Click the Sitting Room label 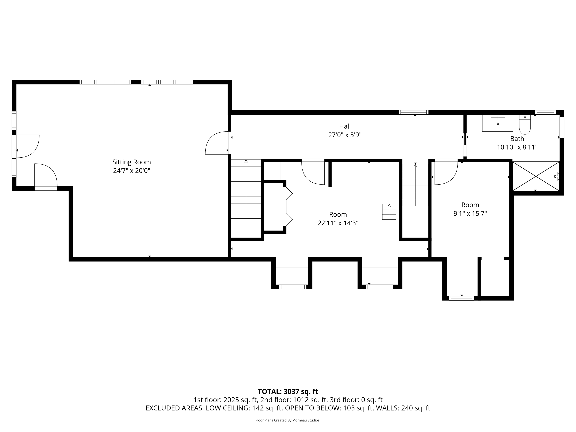click(x=132, y=162)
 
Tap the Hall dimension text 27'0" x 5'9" click(x=345, y=135)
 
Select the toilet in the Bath click(x=525, y=124)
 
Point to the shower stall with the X click(x=536, y=176)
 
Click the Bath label click(x=517, y=139)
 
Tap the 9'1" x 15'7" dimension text click(x=470, y=214)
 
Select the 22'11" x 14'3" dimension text click(x=338, y=223)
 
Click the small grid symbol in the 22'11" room click(x=389, y=212)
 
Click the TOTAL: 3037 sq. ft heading click(x=288, y=391)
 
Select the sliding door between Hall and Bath click(x=465, y=146)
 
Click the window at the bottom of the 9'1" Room click(x=462, y=298)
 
